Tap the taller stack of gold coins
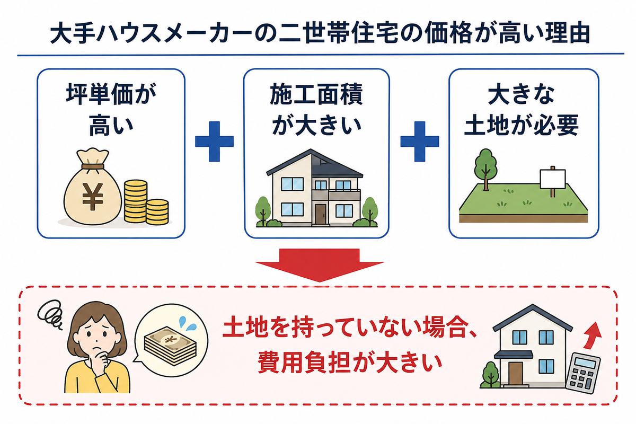(x=136, y=201)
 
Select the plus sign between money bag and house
(x=214, y=142)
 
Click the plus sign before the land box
(x=420, y=142)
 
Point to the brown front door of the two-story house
(x=320, y=214)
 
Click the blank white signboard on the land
(x=552, y=179)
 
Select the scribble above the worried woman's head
(x=50, y=315)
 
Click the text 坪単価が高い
(x=111, y=109)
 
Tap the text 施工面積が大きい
(x=316, y=109)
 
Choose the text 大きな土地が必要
(x=522, y=109)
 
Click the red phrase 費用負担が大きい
(x=350, y=363)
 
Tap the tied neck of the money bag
(x=93, y=166)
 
